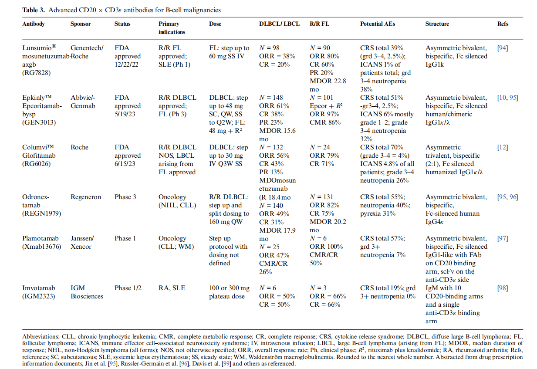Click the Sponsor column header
tap(81, 24)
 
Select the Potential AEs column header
tap(378, 24)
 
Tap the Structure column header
tap(437, 24)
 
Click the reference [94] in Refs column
tap(502, 48)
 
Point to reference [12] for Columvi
tap(502, 147)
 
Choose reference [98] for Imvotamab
tap(502, 288)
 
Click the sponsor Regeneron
tap(86, 197)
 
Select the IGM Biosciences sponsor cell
tap(87, 292)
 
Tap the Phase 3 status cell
tap(125, 197)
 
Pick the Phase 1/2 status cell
tap(128, 288)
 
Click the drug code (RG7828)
tap(37, 73)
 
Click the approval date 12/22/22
tap(128, 64)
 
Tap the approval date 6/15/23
tap(126, 164)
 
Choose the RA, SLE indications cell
tap(172, 288)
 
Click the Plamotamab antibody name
tap(40, 238)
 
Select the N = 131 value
tap(324, 197)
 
